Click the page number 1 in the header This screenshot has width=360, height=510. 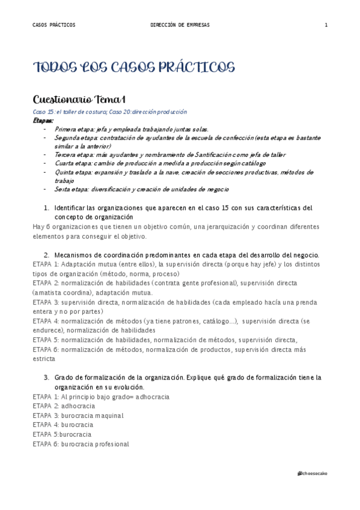tap(326, 25)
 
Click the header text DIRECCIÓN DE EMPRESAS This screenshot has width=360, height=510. tap(180, 25)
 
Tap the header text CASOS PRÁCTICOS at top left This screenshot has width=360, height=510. tap(54, 25)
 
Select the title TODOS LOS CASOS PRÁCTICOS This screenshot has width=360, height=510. tap(133, 67)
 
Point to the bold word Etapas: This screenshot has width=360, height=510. tap(43, 120)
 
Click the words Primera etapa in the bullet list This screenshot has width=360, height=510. tap(70, 129)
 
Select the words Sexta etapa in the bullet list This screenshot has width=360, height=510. tap(68, 189)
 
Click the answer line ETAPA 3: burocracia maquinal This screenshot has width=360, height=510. tap(78, 416)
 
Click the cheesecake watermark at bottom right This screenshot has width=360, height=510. tap(313, 474)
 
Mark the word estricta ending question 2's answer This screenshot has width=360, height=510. tap(44, 358)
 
